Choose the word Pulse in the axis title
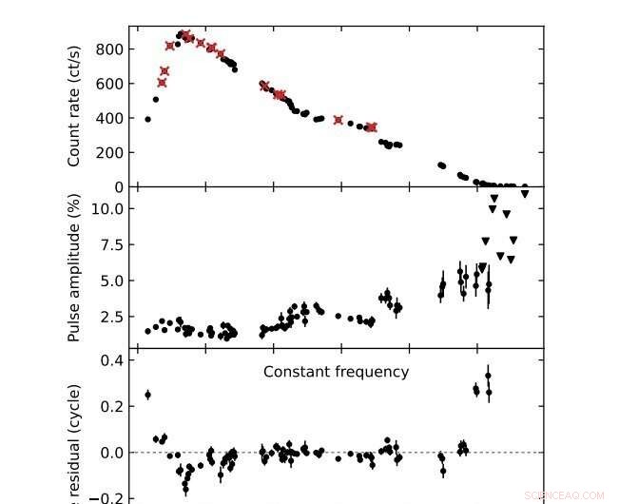[x=74, y=325]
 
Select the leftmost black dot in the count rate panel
[x=147, y=119]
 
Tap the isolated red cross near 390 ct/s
[x=339, y=120]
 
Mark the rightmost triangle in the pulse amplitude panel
[x=525, y=194]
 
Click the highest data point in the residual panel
[x=489, y=375]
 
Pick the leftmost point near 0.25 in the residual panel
[x=147, y=395]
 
